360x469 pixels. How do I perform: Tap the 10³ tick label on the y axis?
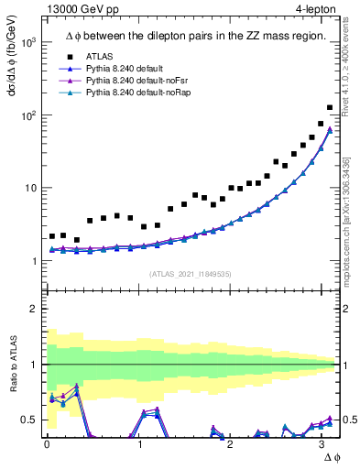27,43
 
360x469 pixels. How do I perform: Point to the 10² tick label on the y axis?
27,115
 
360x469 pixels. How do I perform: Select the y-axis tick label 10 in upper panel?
29,189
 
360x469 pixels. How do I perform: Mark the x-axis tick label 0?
46,444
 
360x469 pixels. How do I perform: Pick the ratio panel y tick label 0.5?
27,420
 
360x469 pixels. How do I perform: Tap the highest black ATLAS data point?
330,107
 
